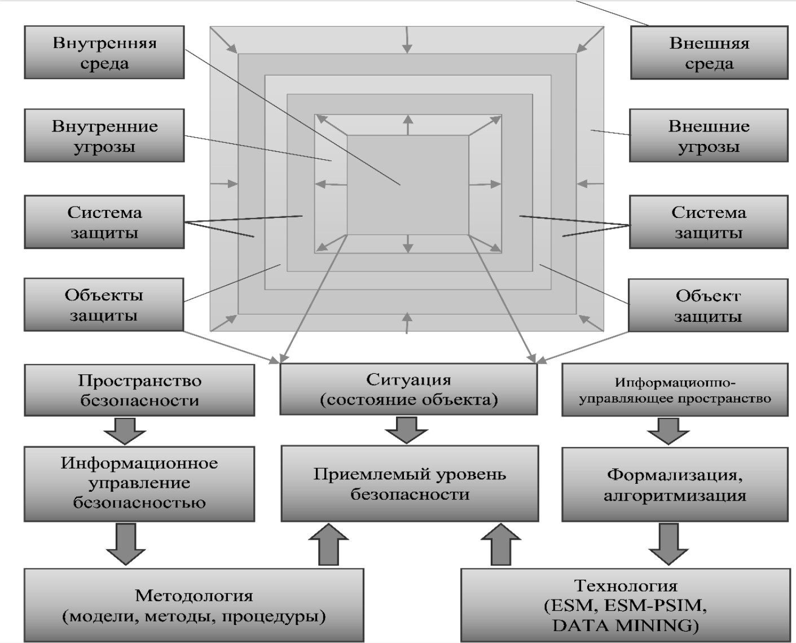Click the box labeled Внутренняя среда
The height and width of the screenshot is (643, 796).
tap(104, 53)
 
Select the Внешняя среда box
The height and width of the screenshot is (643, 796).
tap(709, 53)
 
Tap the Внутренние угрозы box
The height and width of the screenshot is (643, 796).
tap(104, 136)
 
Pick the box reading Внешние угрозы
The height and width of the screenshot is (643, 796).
tap(709, 136)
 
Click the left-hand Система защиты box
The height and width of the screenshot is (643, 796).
tap(104, 222)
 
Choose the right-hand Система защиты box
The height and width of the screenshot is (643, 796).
tap(709, 222)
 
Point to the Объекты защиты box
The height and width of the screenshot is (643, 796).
tap(104, 304)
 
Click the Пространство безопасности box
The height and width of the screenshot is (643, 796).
tap(139, 390)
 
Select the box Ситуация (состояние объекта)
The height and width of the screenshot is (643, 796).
tap(409, 389)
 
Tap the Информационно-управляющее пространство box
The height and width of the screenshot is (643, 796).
tap(675, 390)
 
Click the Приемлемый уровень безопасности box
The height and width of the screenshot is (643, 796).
tap(410, 484)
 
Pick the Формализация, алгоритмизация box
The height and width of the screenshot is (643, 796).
tap(675, 485)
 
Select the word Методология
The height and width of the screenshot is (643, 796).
tap(194, 595)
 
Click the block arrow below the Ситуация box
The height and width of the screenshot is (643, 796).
tap(406, 430)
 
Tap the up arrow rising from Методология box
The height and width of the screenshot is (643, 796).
tap(330, 544)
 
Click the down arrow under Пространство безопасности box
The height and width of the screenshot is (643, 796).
tap(125, 431)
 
